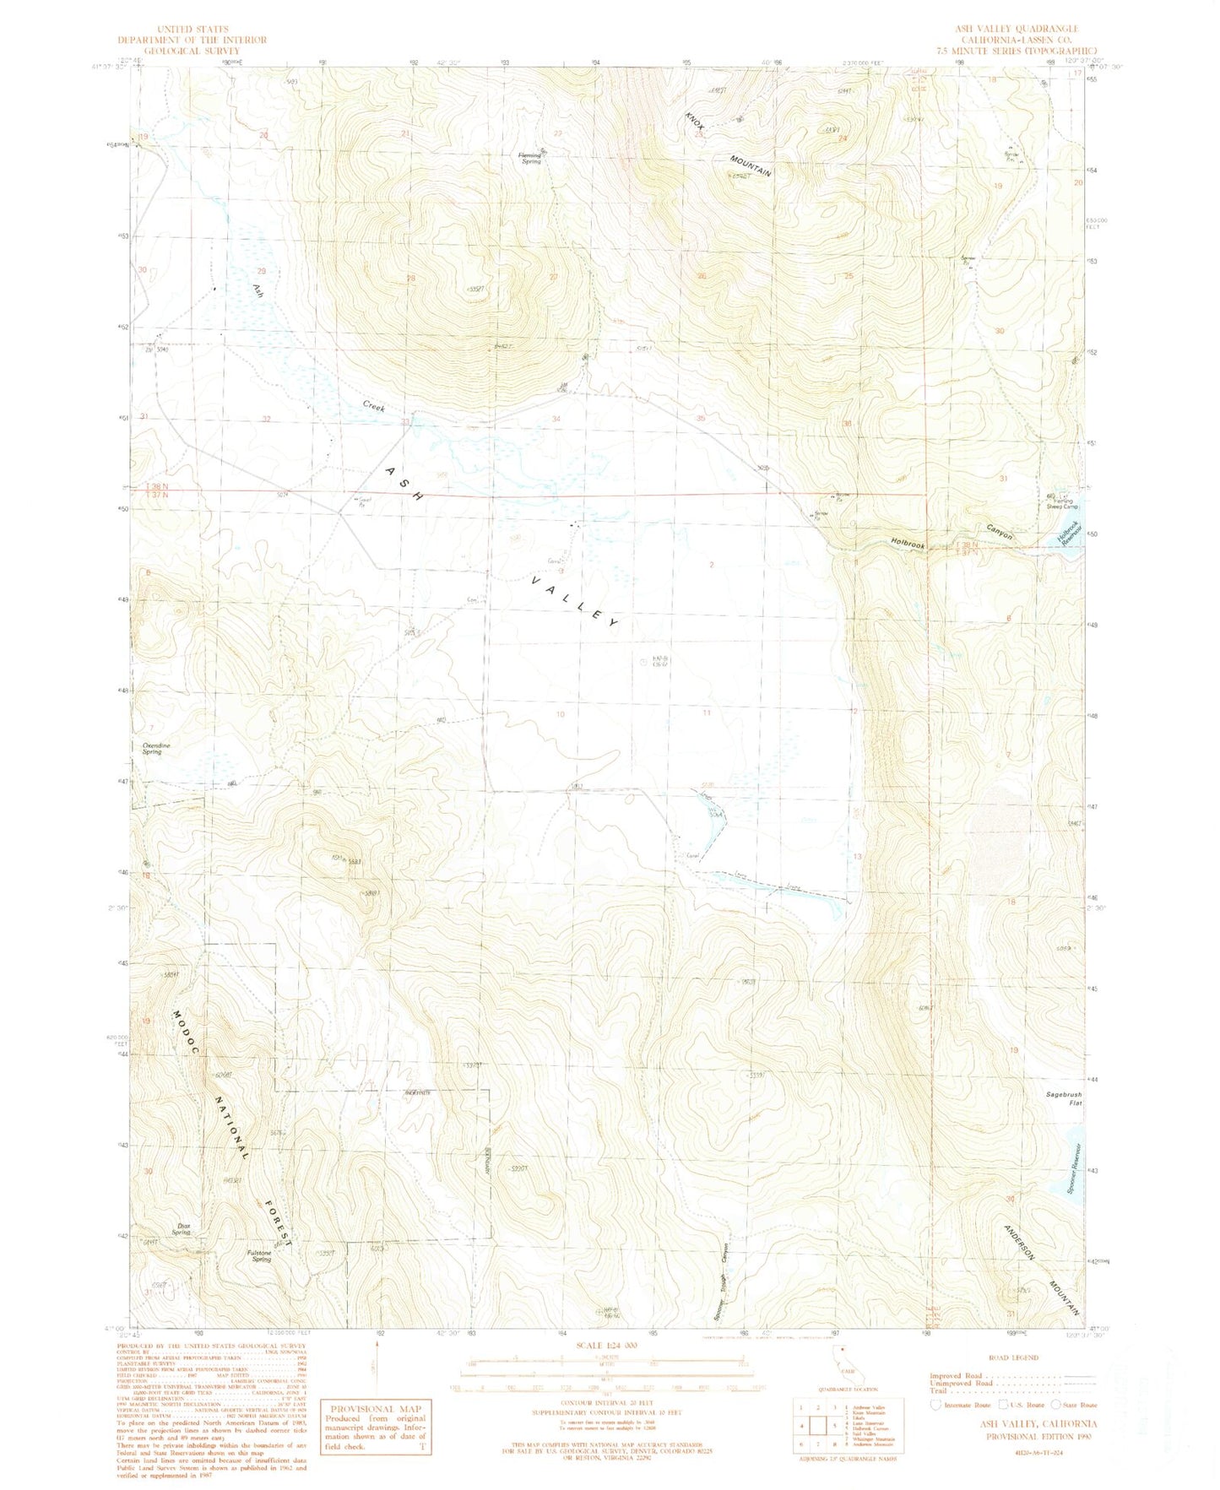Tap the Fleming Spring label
click(x=530, y=158)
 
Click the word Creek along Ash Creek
click(x=374, y=406)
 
